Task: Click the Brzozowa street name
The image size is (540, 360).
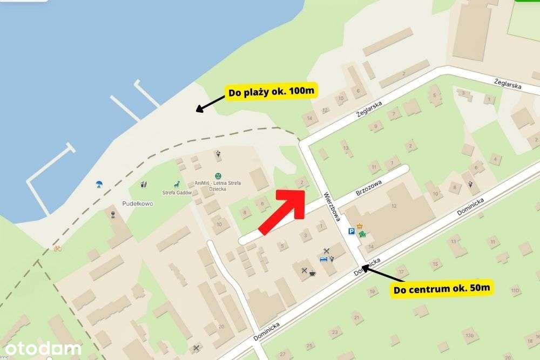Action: point(369,191)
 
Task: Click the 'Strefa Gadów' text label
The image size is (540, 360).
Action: point(177,193)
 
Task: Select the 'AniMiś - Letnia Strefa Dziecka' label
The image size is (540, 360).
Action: point(218,183)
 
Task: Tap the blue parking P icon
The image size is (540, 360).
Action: point(352,230)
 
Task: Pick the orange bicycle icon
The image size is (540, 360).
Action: point(57,248)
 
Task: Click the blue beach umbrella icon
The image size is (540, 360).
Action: point(99,184)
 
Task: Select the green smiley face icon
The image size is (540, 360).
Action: point(218,175)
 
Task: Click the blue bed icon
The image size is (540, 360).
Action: point(323,260)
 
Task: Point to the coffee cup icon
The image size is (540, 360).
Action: point(313,273)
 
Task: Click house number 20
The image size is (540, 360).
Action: point(221,327)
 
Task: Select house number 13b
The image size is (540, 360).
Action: point(470,336)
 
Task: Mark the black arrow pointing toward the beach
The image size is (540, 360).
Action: point(210,103)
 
